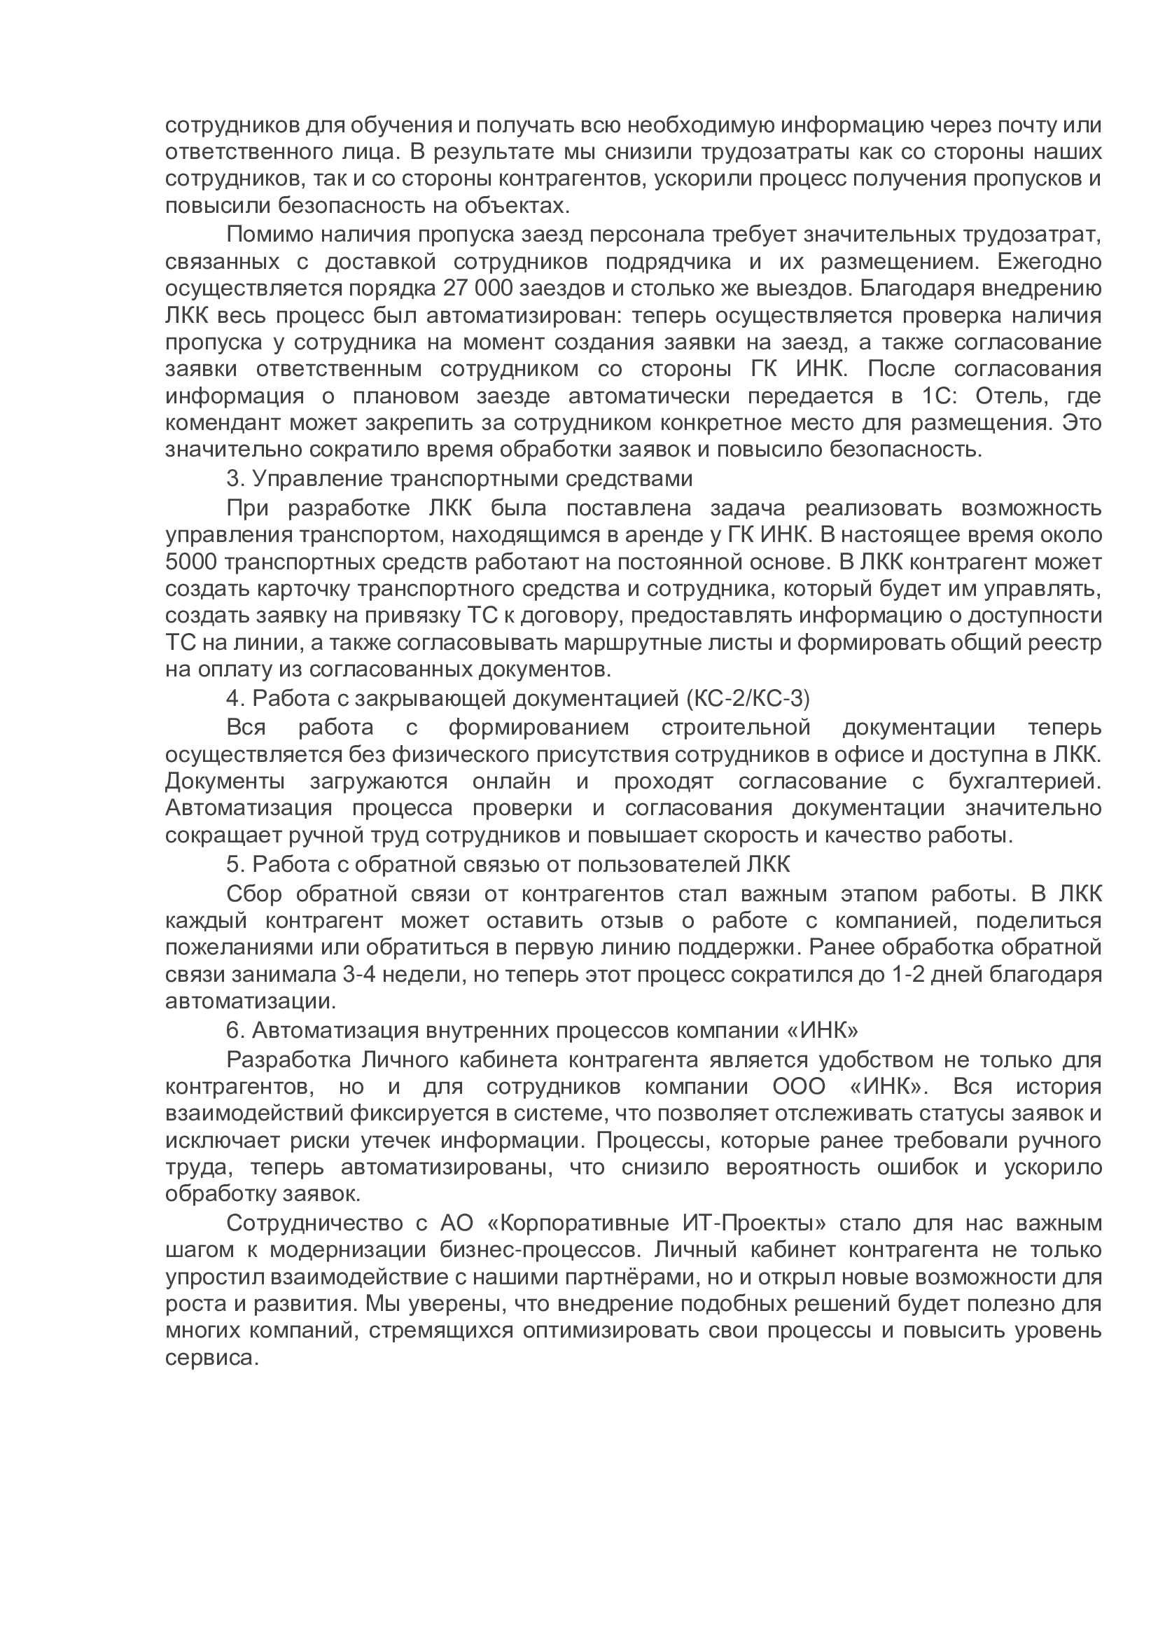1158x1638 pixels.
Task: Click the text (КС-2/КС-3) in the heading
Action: point(748,699)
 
